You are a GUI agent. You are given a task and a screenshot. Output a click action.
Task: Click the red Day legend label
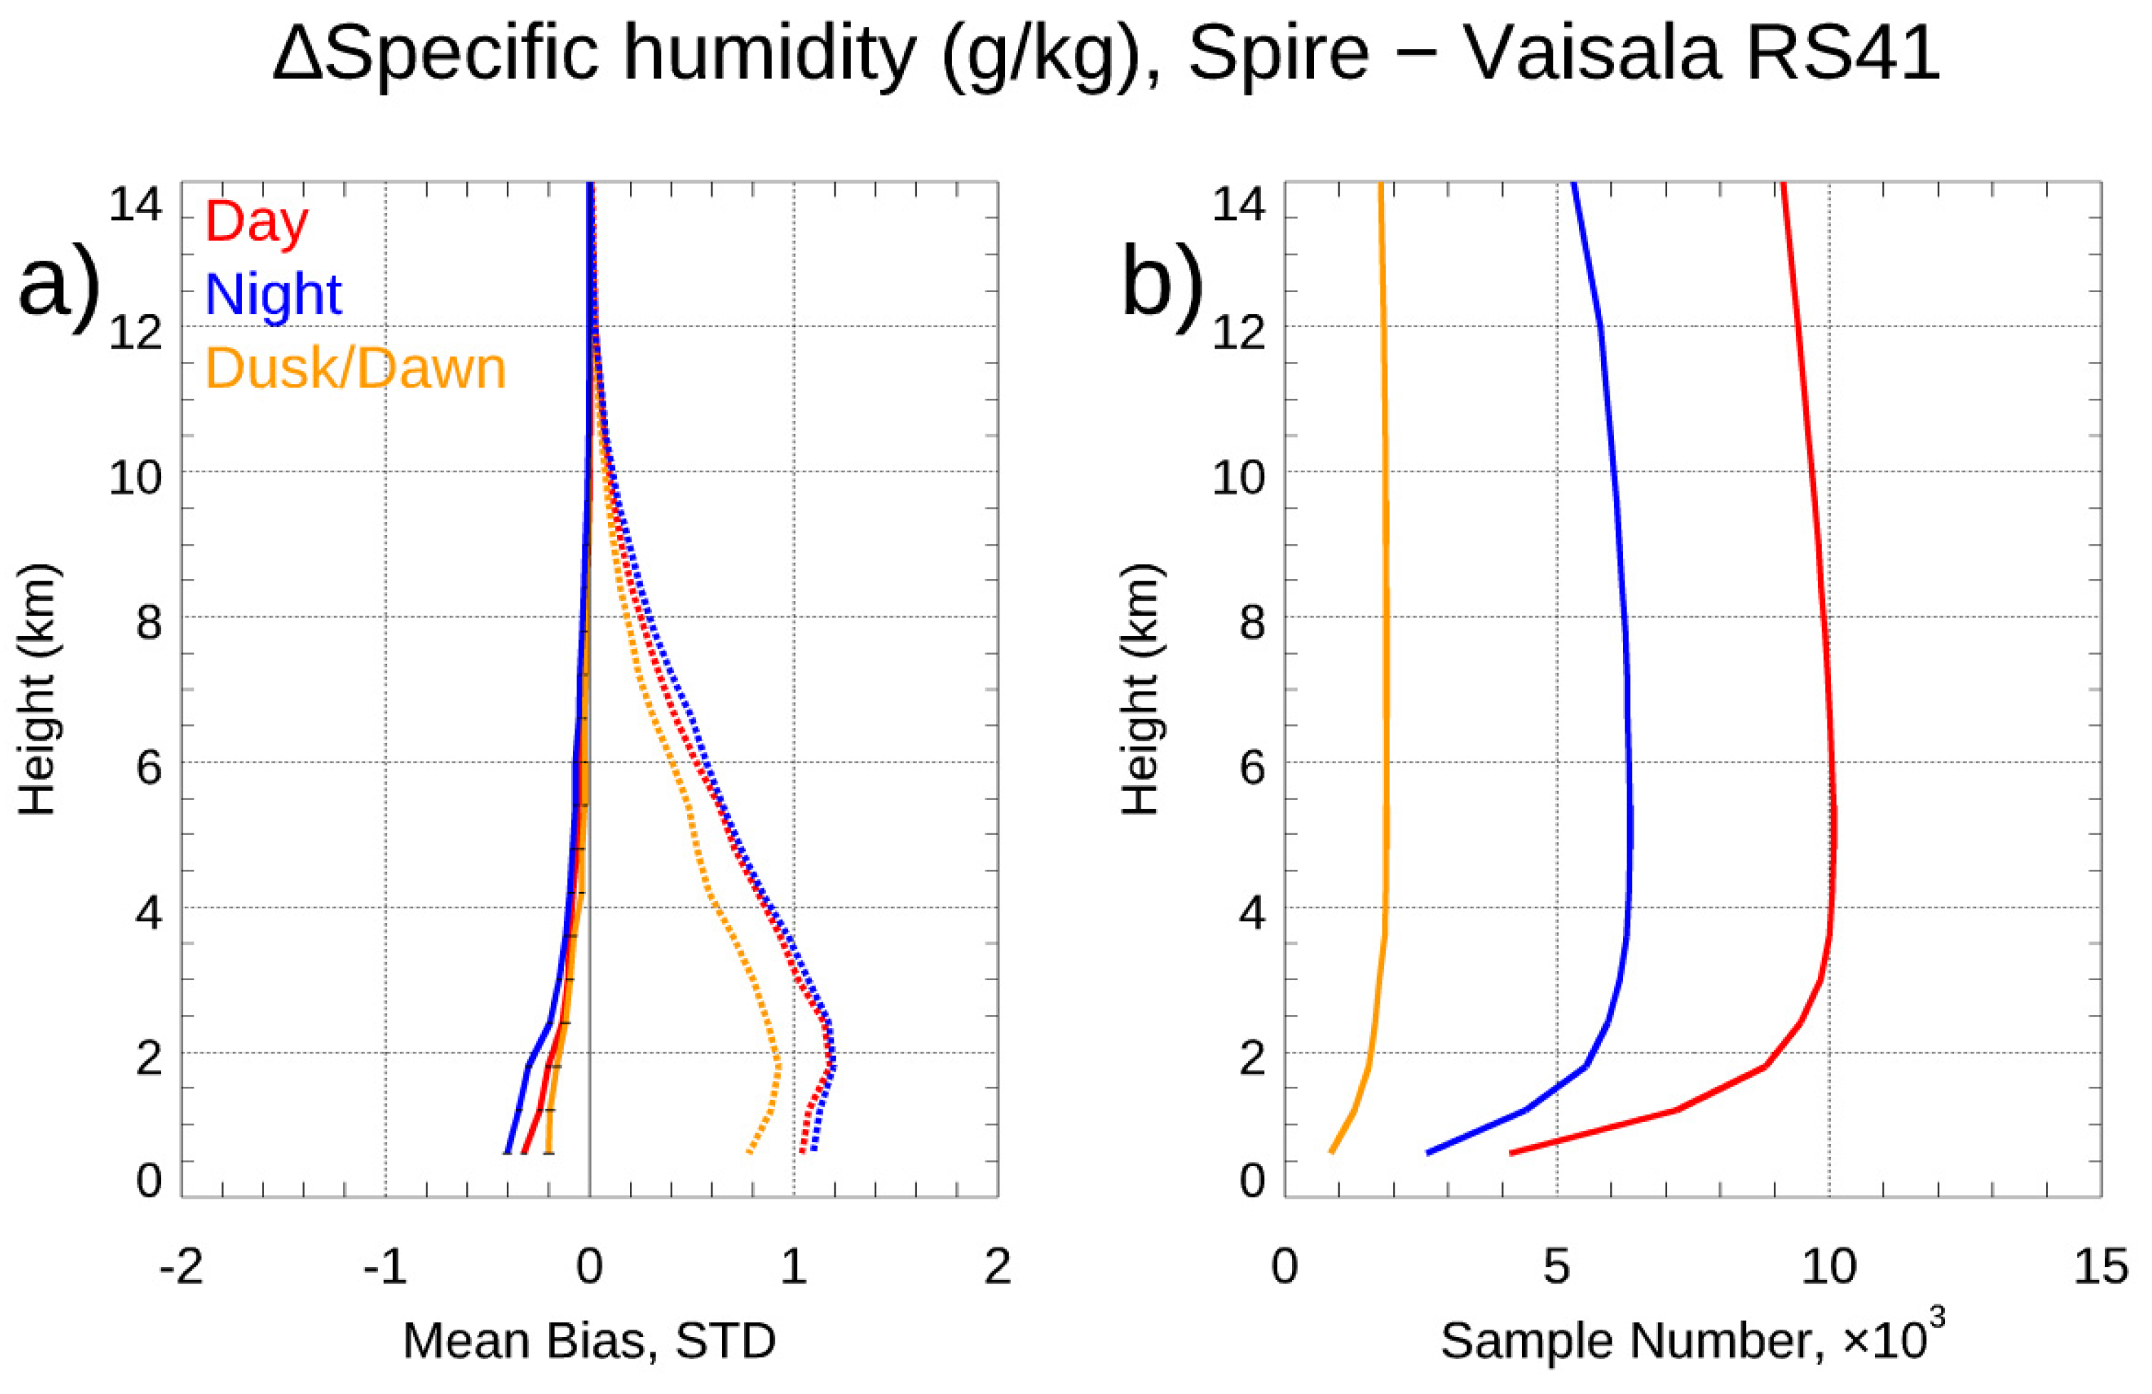click(x=257, y=222)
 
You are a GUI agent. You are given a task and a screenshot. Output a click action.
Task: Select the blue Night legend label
click(x=274, y=294)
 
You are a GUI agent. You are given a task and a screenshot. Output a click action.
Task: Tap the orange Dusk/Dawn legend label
click(x=355, y=368)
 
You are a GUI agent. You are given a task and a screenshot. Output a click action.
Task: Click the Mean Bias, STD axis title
click(x=589, y=1340)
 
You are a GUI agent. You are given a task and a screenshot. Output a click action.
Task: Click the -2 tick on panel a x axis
click(x=181, y=1266)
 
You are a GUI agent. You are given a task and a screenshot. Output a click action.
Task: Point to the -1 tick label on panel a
click(x=385, y=1266)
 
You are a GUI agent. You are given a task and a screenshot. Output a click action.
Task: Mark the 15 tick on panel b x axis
click(x=2099, y=1266)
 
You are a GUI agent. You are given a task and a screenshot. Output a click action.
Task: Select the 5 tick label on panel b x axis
click(x=1556, y=1266)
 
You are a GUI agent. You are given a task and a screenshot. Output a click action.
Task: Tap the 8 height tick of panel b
click(x=1252, y=623)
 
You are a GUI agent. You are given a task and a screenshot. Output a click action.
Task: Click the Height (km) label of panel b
click(x=1141, y=690)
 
